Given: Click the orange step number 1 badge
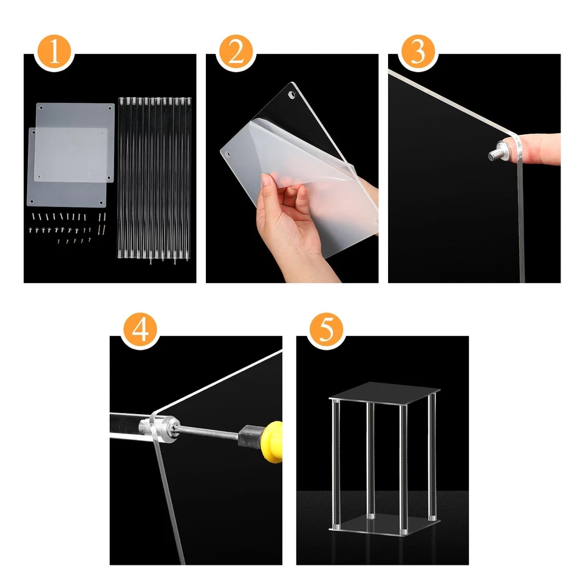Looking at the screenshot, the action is pos(54,53).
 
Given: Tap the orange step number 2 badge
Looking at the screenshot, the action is pos(236,53).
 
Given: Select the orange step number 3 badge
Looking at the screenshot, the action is pos(418,53).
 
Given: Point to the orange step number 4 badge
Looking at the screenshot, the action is pos(140,330).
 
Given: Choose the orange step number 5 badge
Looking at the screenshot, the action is pos(327,330).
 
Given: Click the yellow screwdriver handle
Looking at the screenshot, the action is pos(272,442).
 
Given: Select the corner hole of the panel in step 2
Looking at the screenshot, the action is pos(291,95).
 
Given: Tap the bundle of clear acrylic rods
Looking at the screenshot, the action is pos(154,179).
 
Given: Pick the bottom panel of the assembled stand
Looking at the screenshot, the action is pos(384,524).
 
